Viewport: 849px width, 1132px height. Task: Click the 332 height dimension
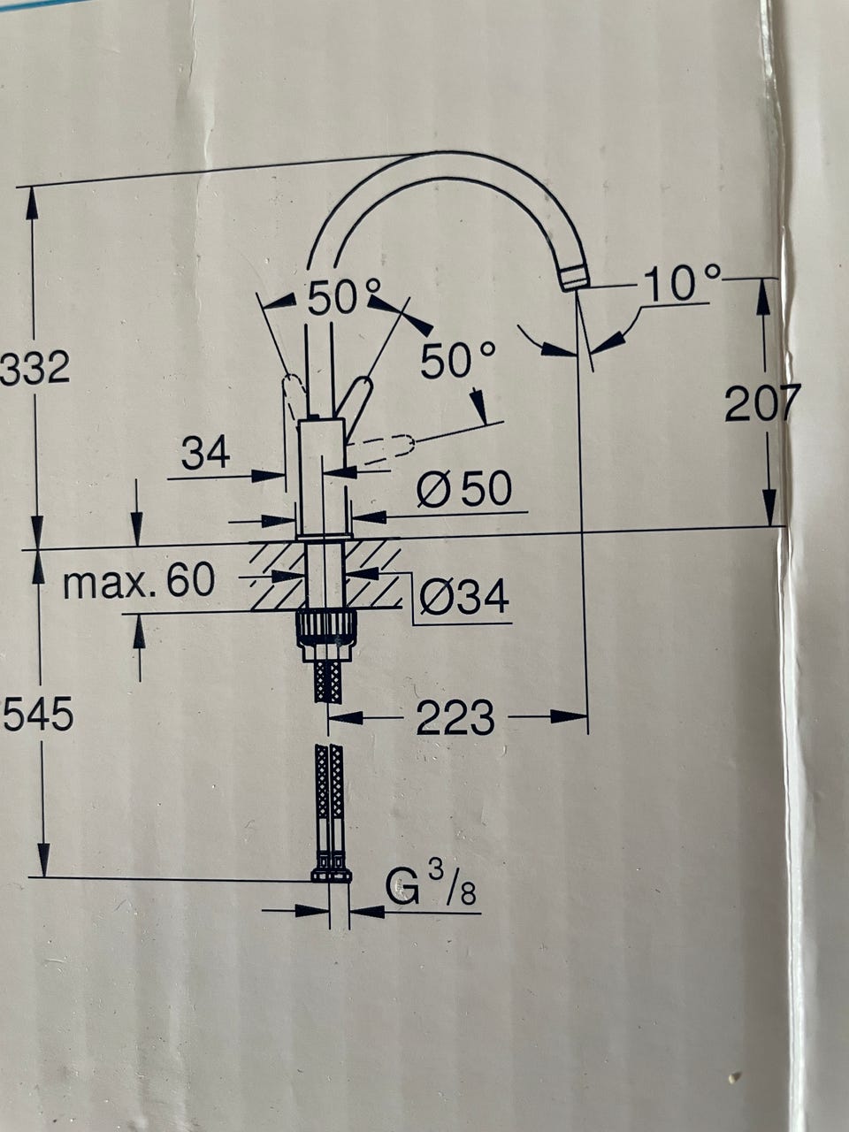35,367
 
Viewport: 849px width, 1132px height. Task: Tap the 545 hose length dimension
38,715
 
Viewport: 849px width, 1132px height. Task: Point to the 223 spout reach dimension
455,718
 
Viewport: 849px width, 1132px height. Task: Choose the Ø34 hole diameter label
464,597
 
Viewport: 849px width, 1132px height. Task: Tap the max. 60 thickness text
139,581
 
